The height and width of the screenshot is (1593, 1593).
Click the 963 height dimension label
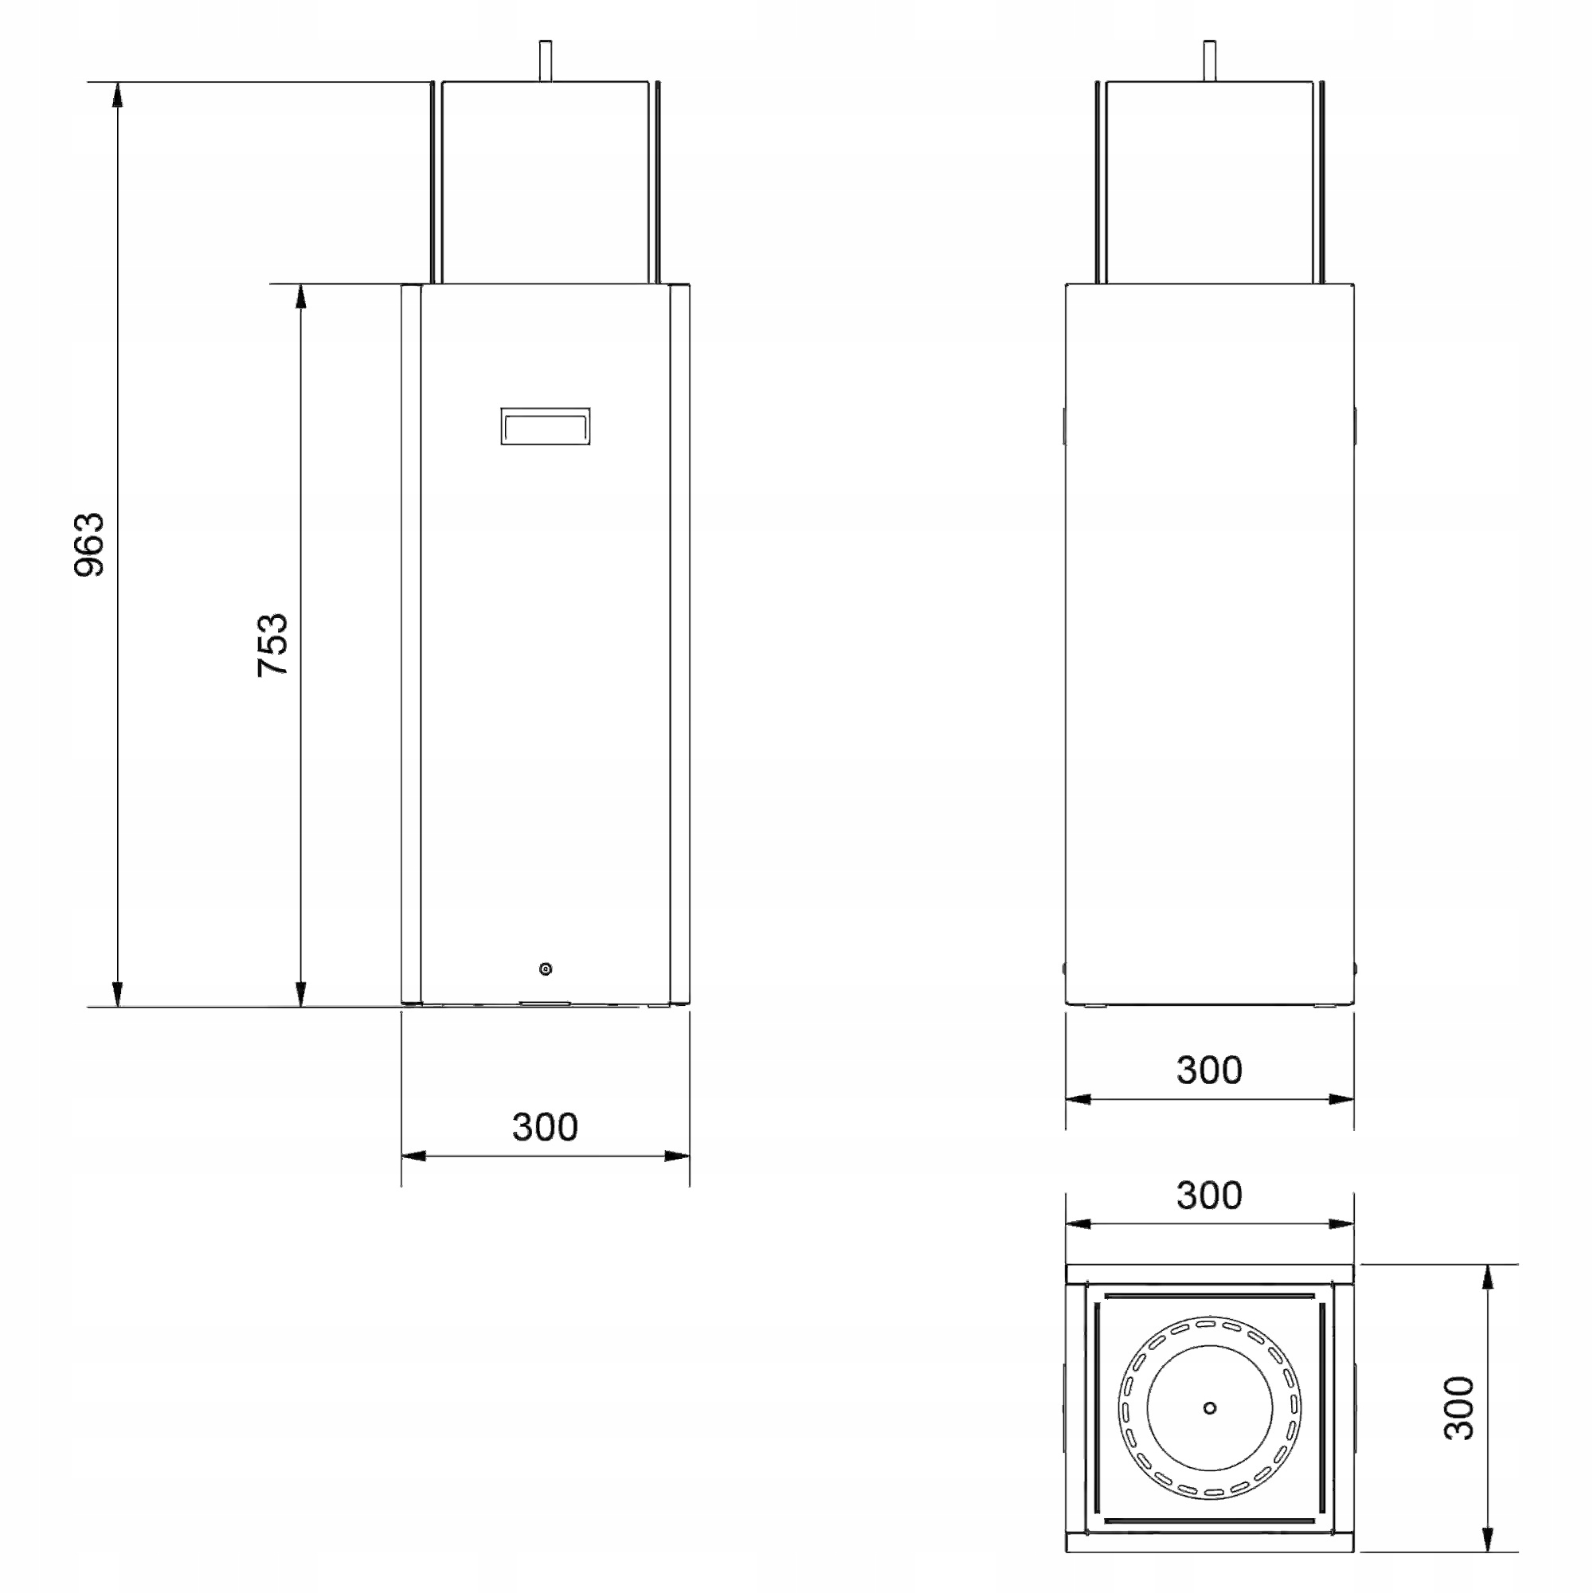click(89, 545)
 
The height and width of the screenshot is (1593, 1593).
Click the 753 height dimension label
click(272, 646)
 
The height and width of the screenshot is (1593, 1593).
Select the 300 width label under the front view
click(545, 1126)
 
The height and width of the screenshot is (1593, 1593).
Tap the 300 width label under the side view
click(1209, 1070)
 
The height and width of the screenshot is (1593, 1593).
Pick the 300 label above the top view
click(1209, 1195)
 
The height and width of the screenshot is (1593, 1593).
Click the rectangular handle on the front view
click(545, 426)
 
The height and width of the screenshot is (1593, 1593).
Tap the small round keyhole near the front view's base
click(545, 969)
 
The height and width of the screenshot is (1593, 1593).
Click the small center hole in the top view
click(1210, 1407)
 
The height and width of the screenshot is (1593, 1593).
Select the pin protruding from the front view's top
click(545, 61)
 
